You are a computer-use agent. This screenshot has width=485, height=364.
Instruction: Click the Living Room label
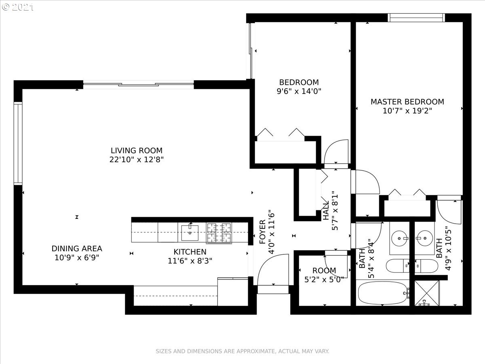tap(137, 150)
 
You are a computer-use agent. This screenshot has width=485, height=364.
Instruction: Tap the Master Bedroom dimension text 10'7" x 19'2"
tap(407, 110)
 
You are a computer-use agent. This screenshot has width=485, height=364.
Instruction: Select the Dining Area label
tap(77, 248)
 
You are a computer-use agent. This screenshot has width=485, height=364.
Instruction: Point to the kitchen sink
tap(190, 233)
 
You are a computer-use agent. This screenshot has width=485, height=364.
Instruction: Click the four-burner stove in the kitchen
tap(219, 233)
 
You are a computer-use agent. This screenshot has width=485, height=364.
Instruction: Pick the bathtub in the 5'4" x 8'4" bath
tap(383, 293)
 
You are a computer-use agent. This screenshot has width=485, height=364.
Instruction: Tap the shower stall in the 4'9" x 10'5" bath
tap(427, 293)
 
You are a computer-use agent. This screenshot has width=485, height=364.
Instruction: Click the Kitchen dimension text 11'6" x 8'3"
tap(190, 261)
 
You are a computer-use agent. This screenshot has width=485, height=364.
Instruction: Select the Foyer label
tap(262, 232)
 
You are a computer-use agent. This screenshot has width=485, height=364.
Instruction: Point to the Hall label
tap(326, 211)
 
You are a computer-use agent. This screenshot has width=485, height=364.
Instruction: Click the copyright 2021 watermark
tap(18, 7)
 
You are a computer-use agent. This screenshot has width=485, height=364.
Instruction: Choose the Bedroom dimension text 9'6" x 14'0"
tap(299, 91)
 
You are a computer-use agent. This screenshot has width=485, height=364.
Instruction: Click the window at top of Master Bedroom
tap(416, 18)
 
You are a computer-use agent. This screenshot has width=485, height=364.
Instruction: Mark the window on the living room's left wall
tap(18, 144)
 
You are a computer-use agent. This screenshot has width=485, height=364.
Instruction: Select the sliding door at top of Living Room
tap(139, 85)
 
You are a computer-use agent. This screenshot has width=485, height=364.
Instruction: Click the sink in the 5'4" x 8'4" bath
tap(399, 239)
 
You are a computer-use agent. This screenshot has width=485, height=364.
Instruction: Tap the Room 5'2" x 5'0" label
tap(324, 275)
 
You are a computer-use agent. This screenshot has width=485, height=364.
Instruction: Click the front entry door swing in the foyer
tap(273, 270)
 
